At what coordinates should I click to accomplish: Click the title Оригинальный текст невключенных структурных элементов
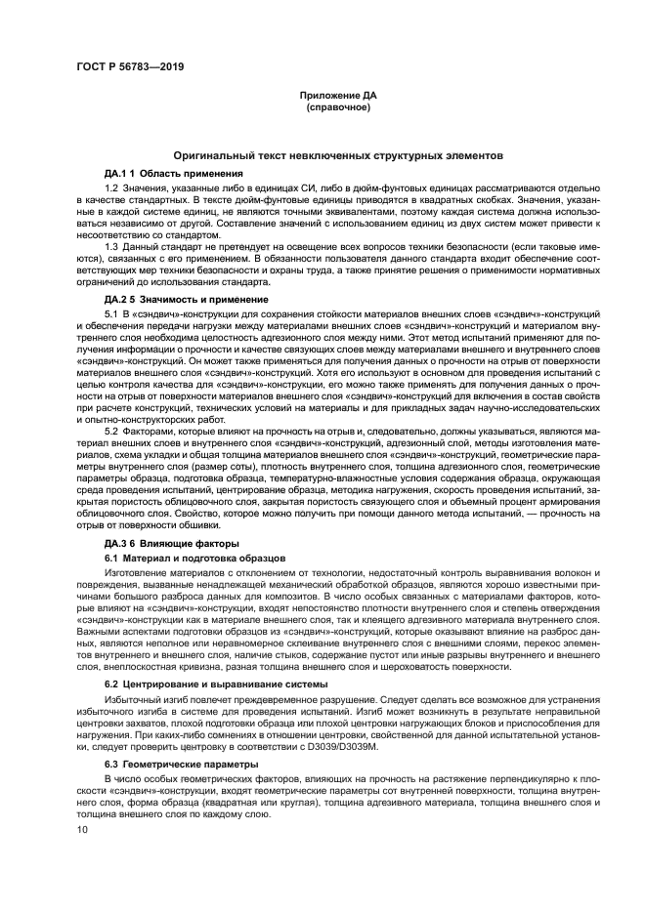(337, 155)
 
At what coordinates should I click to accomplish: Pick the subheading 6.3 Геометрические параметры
(167, 763)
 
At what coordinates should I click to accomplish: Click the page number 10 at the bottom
(83, 829)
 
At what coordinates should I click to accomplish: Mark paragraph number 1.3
(110, 246)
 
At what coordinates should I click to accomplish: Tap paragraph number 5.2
(110, 431)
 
